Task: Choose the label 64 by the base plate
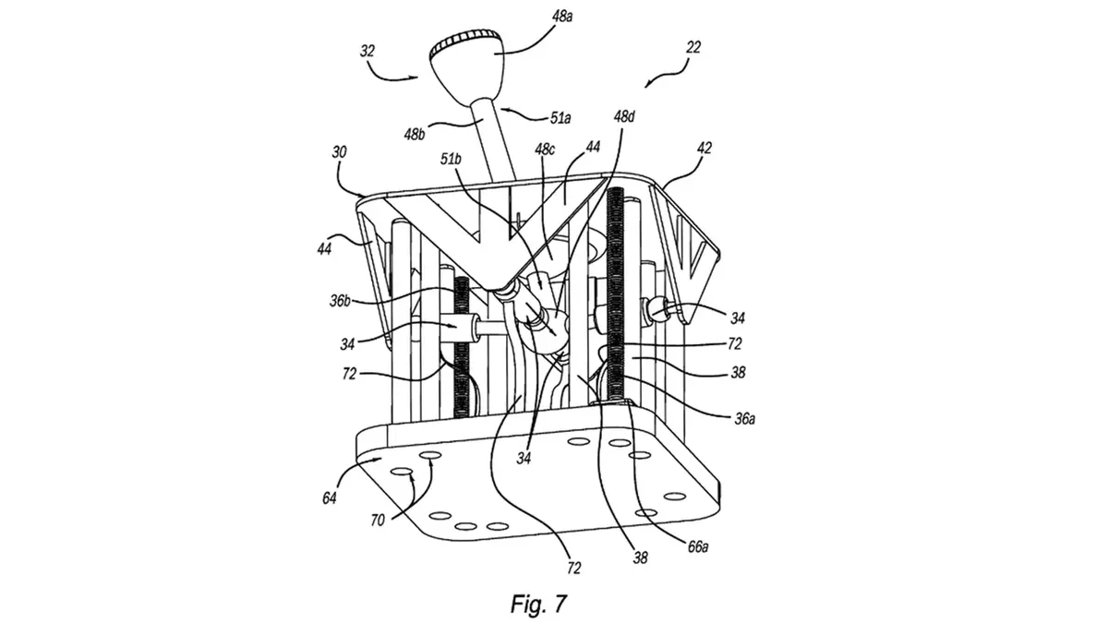pyautogui.click(x=331, y=497)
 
